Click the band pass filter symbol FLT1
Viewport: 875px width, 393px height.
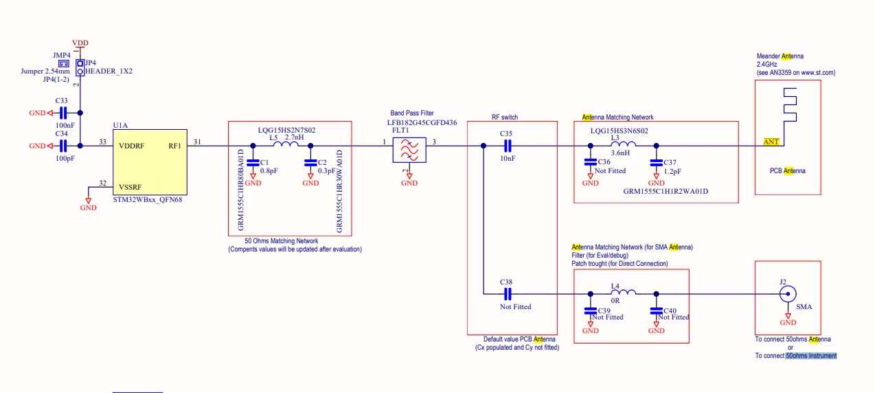tap(409, 150)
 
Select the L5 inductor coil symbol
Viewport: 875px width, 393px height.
tap(286, 144)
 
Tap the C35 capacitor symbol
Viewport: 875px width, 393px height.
tap(508, 146)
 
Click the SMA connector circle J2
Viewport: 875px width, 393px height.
tap(788, 294)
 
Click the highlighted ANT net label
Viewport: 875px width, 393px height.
tap(771, 142)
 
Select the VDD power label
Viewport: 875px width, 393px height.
tap(80, 43)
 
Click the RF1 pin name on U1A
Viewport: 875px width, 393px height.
tap(174, 146)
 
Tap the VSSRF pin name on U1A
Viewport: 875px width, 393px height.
tap(130, 187)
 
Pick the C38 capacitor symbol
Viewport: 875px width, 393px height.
tap(508, 294)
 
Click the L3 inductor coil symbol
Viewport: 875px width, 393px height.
tap(623, 144)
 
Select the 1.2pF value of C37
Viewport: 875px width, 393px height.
tap(672, 171)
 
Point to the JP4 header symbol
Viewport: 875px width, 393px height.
tap(80, 67)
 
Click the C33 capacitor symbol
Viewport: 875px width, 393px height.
tap(63, 113)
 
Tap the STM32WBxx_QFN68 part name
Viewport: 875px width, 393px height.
tap(147, 200)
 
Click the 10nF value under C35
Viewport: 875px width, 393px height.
tap(508, 158)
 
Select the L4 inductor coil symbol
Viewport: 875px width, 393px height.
tap(623, 292)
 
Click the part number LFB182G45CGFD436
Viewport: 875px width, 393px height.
tap(422, 122)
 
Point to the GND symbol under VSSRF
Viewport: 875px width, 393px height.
tap(89, 204)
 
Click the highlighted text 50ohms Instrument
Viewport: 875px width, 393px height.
tap(811, 355)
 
